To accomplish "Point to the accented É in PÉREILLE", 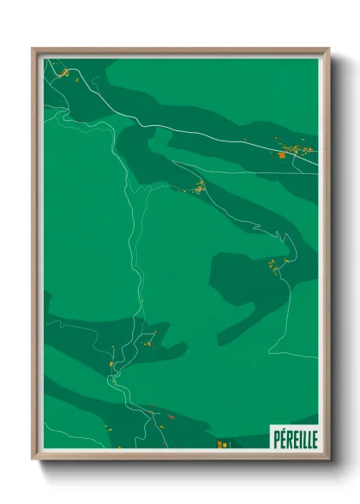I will pos(282,438).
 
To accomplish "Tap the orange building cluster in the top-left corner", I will pos(63,73).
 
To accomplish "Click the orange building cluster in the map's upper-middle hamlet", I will pos(199,187).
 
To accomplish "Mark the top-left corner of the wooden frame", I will pos(33,49).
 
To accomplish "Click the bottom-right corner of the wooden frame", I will pos(328,459).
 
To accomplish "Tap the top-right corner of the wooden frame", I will pos(328,49).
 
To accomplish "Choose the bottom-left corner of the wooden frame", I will pos(33,459).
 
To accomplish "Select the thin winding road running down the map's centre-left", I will pos(133,257).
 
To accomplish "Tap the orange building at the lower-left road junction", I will pos(111,364).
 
